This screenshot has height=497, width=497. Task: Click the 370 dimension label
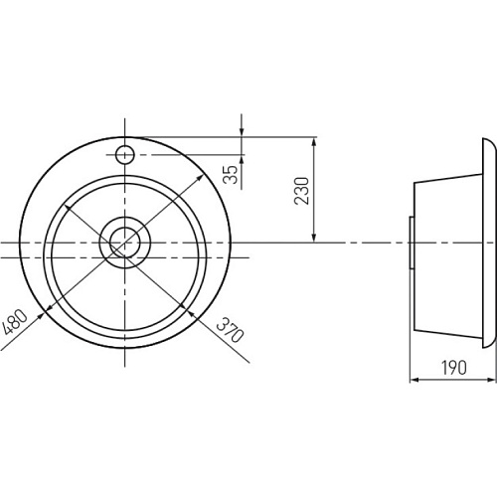[x=231, y=329]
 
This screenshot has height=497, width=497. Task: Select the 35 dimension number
[x=231, y=174]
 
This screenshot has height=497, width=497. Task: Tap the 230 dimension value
[x=301, y=191]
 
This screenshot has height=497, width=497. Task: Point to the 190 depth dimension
[x=453, y=367]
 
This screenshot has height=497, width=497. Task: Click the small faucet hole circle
[x=125, y=155]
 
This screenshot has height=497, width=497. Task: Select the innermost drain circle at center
[x=125, y=243]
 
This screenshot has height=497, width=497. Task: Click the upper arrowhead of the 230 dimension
[x=314, y=142]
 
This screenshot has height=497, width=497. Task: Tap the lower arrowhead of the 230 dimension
[x=314, y=238]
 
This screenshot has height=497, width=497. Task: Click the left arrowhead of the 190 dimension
[x=415, y=381]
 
